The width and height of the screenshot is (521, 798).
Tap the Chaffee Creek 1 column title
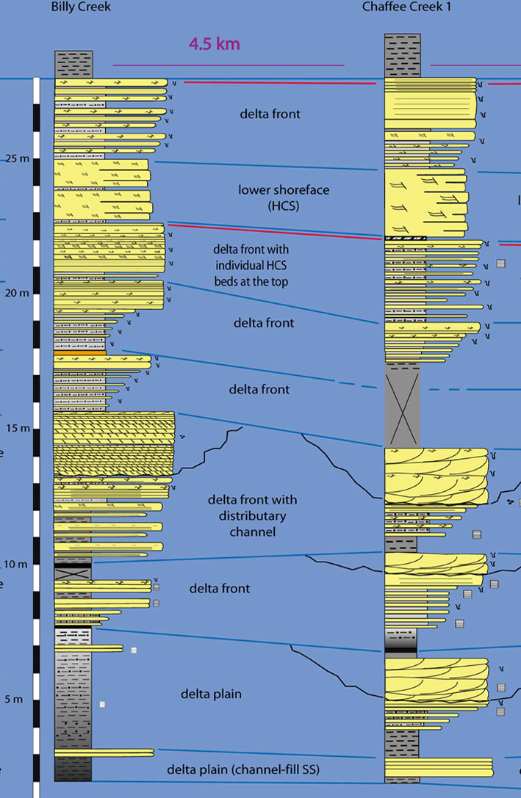406,7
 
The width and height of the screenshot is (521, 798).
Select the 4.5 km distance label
215,44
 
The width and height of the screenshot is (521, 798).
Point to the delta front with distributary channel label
252,515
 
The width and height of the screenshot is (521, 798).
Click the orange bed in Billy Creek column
79,353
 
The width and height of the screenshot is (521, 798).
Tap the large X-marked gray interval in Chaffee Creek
402,405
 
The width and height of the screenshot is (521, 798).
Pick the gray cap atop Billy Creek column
73,64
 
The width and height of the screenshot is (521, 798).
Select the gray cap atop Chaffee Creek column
402,55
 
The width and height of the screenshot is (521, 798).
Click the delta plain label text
211,694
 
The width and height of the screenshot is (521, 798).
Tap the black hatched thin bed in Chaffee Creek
403,239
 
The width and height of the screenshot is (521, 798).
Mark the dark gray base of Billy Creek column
73,769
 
